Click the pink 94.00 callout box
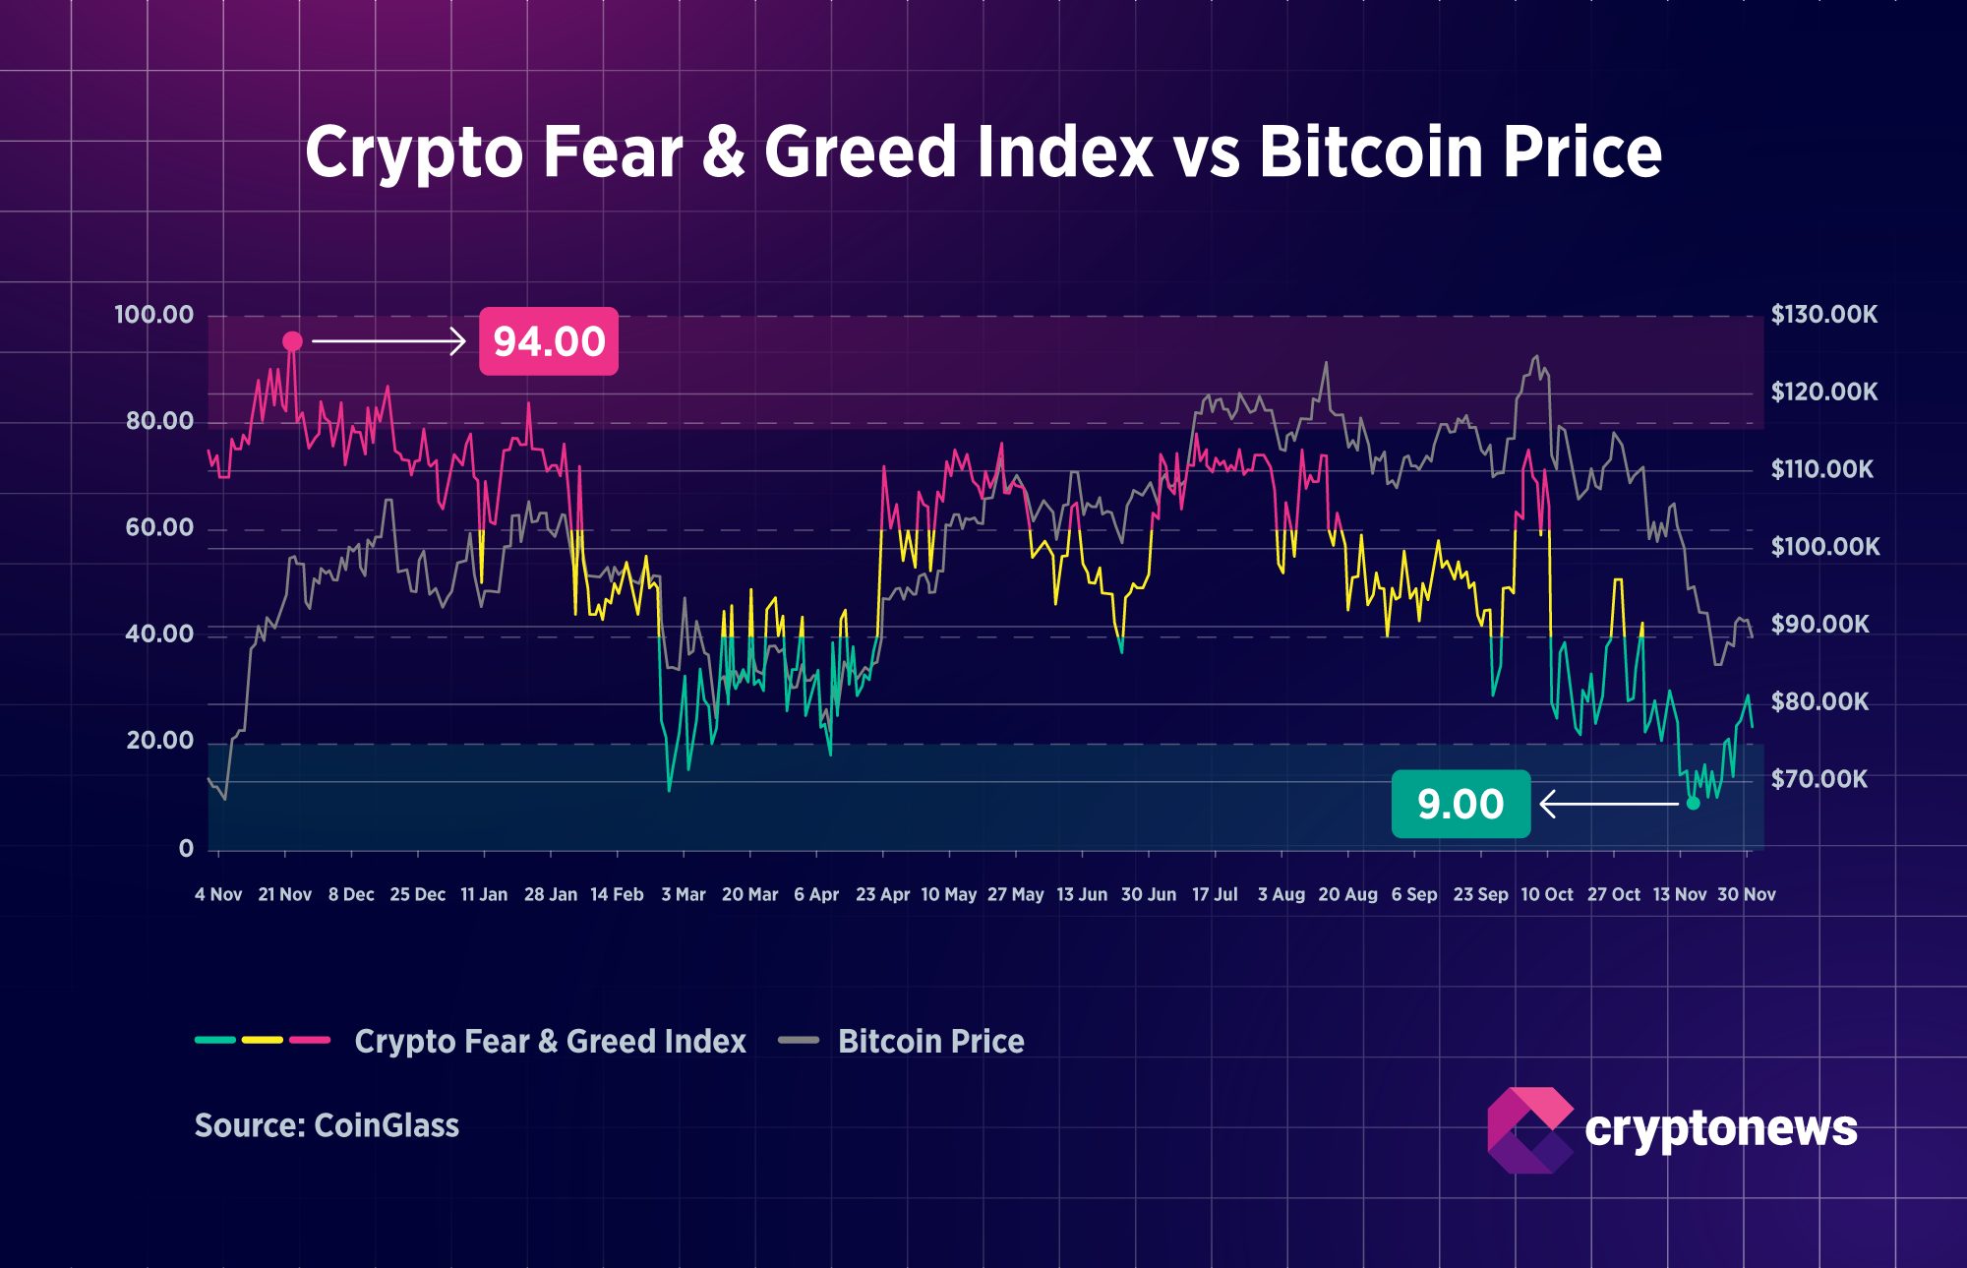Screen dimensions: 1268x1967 tap(548, 341)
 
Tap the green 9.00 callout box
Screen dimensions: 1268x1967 tap(1460, 804)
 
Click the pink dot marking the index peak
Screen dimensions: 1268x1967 tap(292, 341)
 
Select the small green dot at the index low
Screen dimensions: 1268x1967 tap(1693, 804)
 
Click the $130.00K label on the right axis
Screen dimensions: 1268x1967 tap(1823, 315)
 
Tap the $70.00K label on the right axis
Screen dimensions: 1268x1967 tap(1818, 780)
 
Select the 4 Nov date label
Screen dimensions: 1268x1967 tap(218, 894)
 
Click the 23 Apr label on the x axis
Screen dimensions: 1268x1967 tap(882, 894)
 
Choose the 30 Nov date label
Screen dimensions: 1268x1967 tap(1746, 894)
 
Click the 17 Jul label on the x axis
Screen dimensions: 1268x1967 tap(1215, 894)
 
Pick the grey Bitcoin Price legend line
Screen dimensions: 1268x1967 tap(799, 1040)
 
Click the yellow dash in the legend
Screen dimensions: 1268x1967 tap(263, 1040)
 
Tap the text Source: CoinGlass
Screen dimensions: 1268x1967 tap(327, 1125)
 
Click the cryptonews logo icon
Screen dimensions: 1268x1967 tap(1529, 1129)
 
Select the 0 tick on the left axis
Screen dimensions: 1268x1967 tap(186, 848)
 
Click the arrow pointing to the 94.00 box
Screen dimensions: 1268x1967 tap(388, 341)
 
